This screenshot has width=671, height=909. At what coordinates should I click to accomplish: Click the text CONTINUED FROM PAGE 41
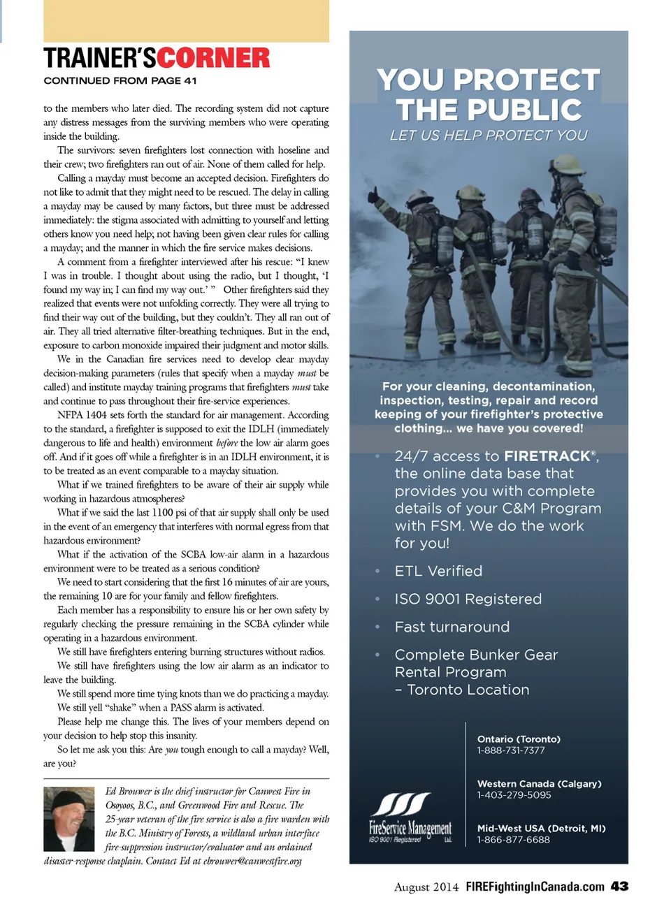(120, 81)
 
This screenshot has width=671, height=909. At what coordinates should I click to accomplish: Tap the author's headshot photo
(68, 819)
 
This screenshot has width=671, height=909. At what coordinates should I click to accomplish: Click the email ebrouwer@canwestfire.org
(252, 861)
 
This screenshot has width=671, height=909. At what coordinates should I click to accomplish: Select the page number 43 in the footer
(619, 886)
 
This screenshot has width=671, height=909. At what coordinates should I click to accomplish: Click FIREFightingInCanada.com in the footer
(535, 887)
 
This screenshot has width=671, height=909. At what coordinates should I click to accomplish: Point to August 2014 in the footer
(426, 887)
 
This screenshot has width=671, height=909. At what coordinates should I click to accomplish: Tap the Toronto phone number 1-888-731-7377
(511, 750)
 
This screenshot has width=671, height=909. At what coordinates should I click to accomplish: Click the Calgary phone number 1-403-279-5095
(514, 795)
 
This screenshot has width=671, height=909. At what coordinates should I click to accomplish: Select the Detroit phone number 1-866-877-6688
(513, 840)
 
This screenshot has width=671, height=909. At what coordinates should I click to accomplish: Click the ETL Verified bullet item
(438, 571)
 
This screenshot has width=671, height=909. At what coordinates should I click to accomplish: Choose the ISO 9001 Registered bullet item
(468, 599)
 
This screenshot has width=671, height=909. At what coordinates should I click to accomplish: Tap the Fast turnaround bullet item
(452, 627)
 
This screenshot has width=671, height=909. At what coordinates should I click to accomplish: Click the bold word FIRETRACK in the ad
(547, 456)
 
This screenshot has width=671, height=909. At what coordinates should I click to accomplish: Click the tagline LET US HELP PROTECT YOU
(489, 136)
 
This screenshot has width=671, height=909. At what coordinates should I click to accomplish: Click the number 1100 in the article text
(162, 513)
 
